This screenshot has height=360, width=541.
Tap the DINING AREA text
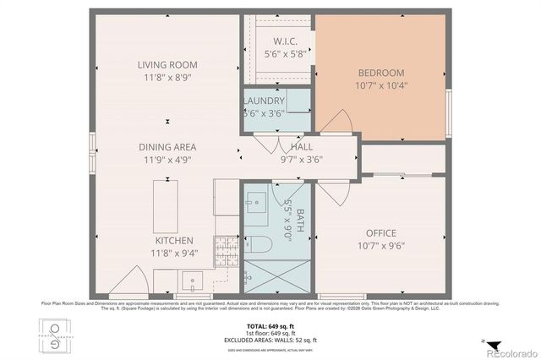point(167,146)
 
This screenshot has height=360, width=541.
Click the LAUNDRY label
point(264,101)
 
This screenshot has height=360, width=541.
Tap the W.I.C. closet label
point(278,41)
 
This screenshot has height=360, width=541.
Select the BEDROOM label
point(381,73)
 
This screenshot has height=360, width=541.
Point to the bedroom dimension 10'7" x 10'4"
point(381,85)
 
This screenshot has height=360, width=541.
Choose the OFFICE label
point(381,233)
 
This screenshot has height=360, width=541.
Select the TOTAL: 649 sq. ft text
point(271,325)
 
